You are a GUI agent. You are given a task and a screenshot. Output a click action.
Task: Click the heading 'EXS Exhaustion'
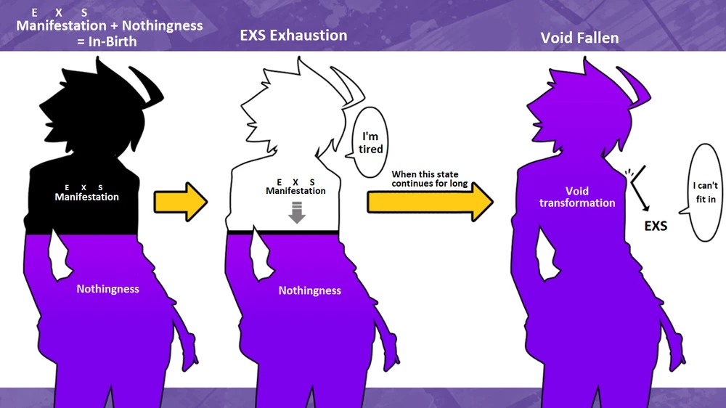pos(293,35)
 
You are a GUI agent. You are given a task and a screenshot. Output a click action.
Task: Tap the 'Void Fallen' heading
pos(579,38)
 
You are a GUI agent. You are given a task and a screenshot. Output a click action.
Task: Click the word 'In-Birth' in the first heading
pos(109,41)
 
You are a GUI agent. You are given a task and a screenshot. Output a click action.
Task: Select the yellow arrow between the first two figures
pos(181,203)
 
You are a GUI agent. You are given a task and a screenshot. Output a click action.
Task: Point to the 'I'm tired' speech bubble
pos(370,143)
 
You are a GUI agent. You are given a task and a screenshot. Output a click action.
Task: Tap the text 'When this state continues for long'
pos(430,179)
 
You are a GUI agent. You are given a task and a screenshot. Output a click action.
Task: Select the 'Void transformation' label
pos(577,197)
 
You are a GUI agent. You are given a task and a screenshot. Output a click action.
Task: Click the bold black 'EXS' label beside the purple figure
pos(656,226)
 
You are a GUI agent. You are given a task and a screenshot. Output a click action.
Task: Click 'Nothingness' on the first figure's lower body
pos(107,289)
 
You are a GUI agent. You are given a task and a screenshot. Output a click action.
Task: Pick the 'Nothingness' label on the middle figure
pos(310,290)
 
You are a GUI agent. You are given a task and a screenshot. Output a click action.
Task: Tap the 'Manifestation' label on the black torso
pos(87,197)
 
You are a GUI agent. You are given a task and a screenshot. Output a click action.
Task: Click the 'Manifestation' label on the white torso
pos(295,191)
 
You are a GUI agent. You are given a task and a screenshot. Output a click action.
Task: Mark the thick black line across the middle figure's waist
pos(283,232)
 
